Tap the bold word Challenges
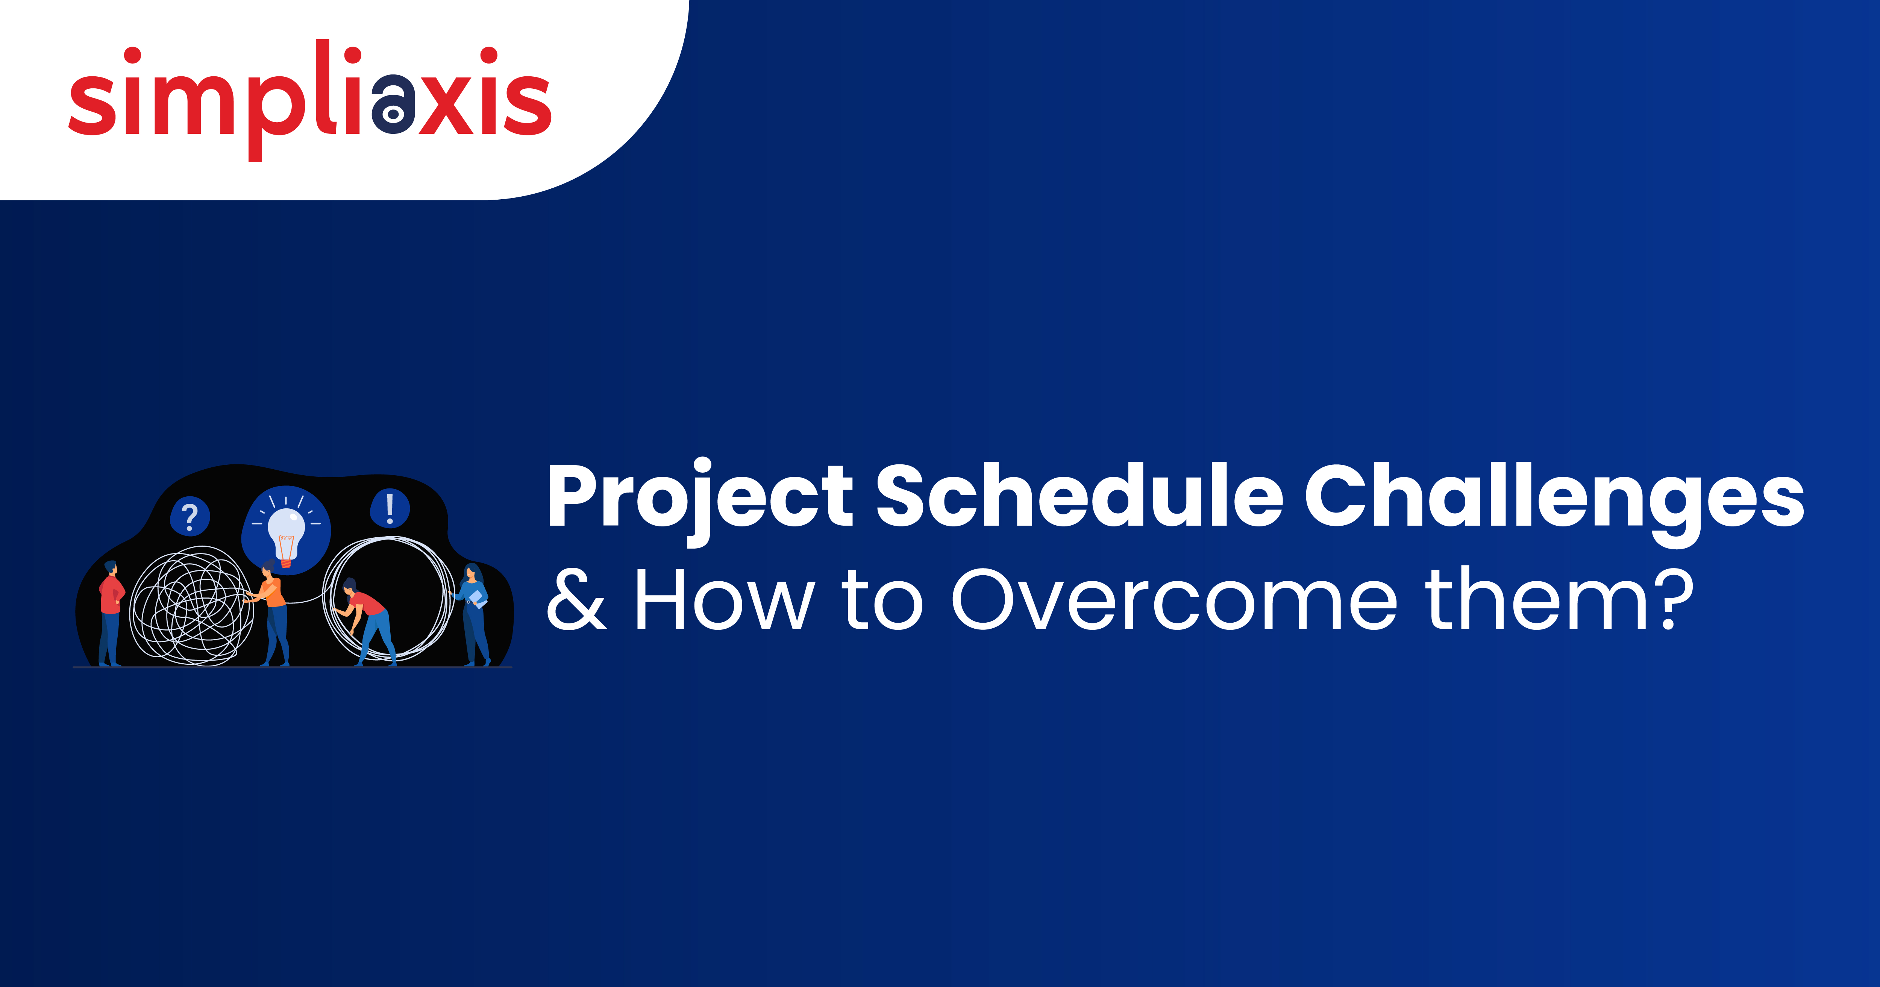[x=1554, y=496]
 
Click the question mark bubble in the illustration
[x=190, y=517]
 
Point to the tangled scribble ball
[x=191, y=606]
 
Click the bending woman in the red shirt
[x=365, y=617]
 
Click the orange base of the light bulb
[x=286, y=562]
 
